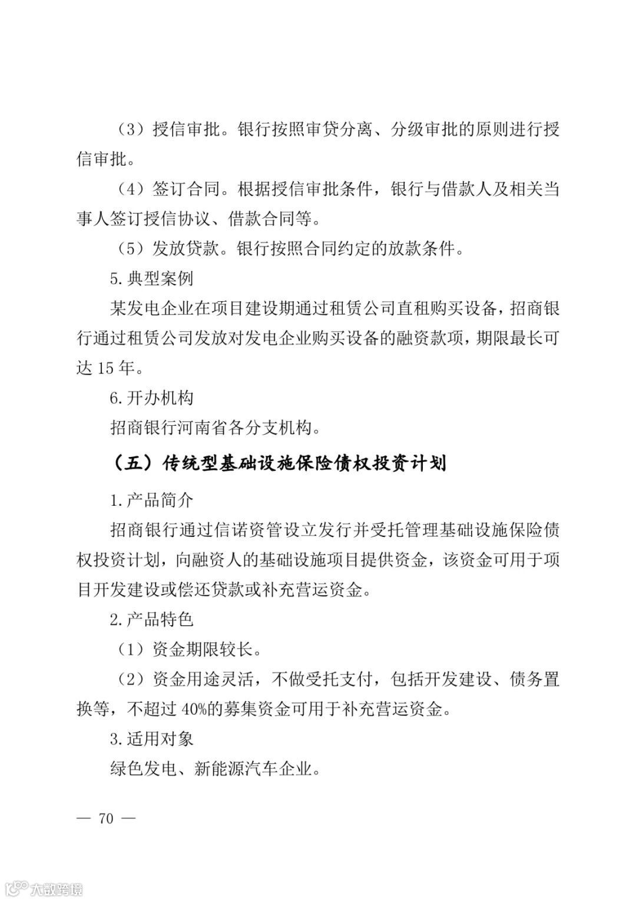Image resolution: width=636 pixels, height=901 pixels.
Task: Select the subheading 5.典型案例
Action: (151, 278)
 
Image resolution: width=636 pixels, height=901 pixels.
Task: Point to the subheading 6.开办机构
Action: (151, 398)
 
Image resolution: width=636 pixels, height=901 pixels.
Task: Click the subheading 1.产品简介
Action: (151, 500)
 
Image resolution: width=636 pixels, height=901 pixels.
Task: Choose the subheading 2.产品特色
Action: (151, 619)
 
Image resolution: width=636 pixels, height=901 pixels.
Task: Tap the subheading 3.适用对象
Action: (151, 739)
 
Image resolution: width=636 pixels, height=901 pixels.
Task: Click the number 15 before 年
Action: (105, 369)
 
